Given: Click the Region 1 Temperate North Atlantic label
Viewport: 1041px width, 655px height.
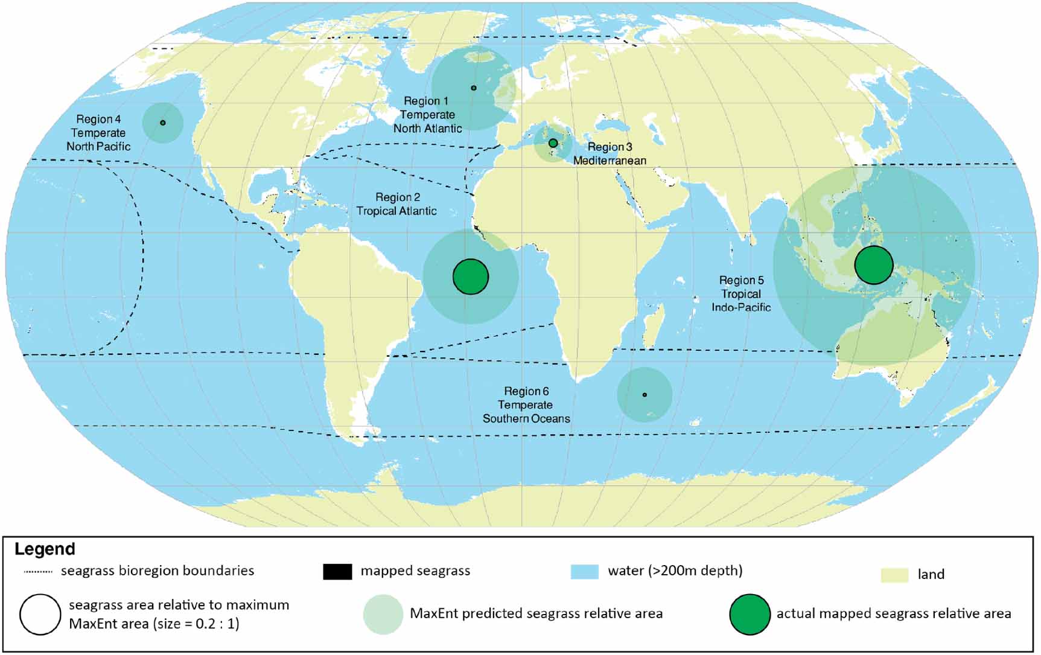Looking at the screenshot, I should pyautogui.click(x=427, y=115).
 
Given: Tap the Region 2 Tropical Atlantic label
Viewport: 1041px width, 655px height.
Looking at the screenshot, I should pyautogui.click(x=396, y=204).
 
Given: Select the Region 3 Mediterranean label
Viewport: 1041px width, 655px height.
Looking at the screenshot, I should pyautogui.click(x=610, y=154).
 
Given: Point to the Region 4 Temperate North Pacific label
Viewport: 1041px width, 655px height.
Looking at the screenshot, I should pyautogui.click(x=98, y=133).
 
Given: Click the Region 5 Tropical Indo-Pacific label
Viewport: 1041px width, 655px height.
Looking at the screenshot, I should pyautogui.click(x=741, y=294).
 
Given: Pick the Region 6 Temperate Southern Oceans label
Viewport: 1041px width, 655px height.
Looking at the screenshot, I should pyautogui.click(x=526, y=405).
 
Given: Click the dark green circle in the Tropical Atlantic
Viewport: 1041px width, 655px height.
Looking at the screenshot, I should pyautogui.click(x=471, y=276).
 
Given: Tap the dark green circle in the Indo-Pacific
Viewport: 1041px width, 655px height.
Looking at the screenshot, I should pyautogui.click(x=873, y=265).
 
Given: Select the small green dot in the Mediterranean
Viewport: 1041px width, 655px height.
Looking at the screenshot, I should pyautogui.click(x=553, y=143).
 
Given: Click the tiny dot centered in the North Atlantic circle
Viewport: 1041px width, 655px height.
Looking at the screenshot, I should pyautogui.click(x=474, y=88).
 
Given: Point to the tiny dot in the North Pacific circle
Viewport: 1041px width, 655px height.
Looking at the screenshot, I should pyautogui.click(x=163, y=123).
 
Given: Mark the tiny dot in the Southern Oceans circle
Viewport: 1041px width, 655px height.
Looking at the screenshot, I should pyautogui.click(x=645, y=395).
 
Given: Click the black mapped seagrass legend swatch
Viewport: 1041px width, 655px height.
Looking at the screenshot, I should pyautogui.click(x=337, y=572).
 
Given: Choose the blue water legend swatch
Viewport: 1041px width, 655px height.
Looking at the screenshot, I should pyautogui.click(x=584, y=572).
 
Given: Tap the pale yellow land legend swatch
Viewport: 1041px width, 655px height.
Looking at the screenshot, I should pyautogui.click(x=894, y=575).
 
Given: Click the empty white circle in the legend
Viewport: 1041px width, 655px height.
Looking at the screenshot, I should pyautogui.click(x=40, y=615).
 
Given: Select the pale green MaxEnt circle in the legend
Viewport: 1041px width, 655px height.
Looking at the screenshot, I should pyautogui.click(x=383, y=615).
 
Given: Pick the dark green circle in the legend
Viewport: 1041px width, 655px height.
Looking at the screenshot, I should pyautogui.click(x=750, y=615).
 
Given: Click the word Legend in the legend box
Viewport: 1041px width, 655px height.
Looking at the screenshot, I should pyautogui.click(x=45, y=549).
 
